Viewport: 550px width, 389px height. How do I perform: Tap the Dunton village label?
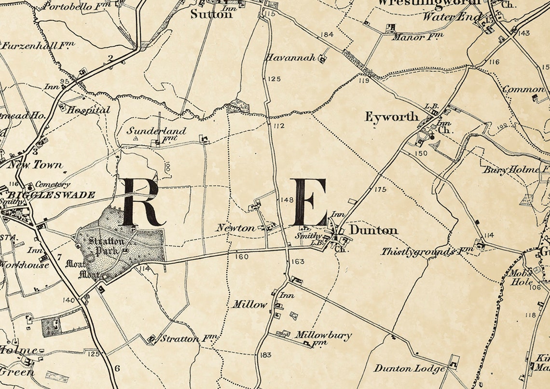(373, 230)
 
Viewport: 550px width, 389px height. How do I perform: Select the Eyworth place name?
(391, 117)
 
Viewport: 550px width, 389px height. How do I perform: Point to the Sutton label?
(211, 14)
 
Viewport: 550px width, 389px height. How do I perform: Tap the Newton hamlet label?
(235, 228)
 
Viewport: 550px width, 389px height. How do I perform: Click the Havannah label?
(290, 58)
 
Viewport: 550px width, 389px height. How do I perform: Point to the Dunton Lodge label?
(409, 369)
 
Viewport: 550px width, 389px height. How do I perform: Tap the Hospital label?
(88, 110)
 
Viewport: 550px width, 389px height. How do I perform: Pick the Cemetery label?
(53, 184)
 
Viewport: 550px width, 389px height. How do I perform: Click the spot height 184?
(327, 34)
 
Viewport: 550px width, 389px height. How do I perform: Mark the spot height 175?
(380, 189)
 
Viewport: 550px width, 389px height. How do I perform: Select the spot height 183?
(265, 355)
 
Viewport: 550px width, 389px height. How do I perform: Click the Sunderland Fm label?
(157, 134)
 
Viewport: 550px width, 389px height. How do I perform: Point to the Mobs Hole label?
(522, 277)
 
